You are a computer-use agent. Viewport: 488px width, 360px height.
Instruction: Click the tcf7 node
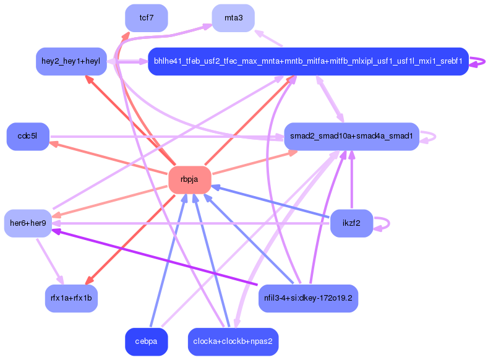click(147, 17)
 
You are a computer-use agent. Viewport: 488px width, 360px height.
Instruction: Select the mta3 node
click(233, 17)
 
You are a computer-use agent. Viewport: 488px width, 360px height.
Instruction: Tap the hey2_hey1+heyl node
click(71, 61)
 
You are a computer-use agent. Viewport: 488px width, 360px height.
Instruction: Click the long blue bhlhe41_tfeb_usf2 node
click(307, 61)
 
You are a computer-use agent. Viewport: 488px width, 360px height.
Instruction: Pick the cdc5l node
click(28, 136)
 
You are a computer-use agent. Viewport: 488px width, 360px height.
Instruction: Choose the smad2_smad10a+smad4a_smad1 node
click(351, 136)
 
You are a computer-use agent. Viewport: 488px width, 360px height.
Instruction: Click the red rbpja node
click(190, 179)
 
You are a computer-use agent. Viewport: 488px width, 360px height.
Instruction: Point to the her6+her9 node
click(28, 223)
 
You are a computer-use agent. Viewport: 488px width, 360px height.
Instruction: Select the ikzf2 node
click(351, 223)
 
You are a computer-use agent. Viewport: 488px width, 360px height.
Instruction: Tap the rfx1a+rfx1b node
click(71, 298)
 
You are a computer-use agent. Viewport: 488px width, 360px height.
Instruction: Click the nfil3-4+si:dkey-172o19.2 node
click(308, 298)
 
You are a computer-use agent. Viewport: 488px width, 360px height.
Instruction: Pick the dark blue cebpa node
click(147, 341)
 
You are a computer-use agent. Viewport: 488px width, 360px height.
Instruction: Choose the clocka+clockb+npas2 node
click(233, 341)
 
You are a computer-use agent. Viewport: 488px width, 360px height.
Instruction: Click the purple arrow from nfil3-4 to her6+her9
click(155, 257)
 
